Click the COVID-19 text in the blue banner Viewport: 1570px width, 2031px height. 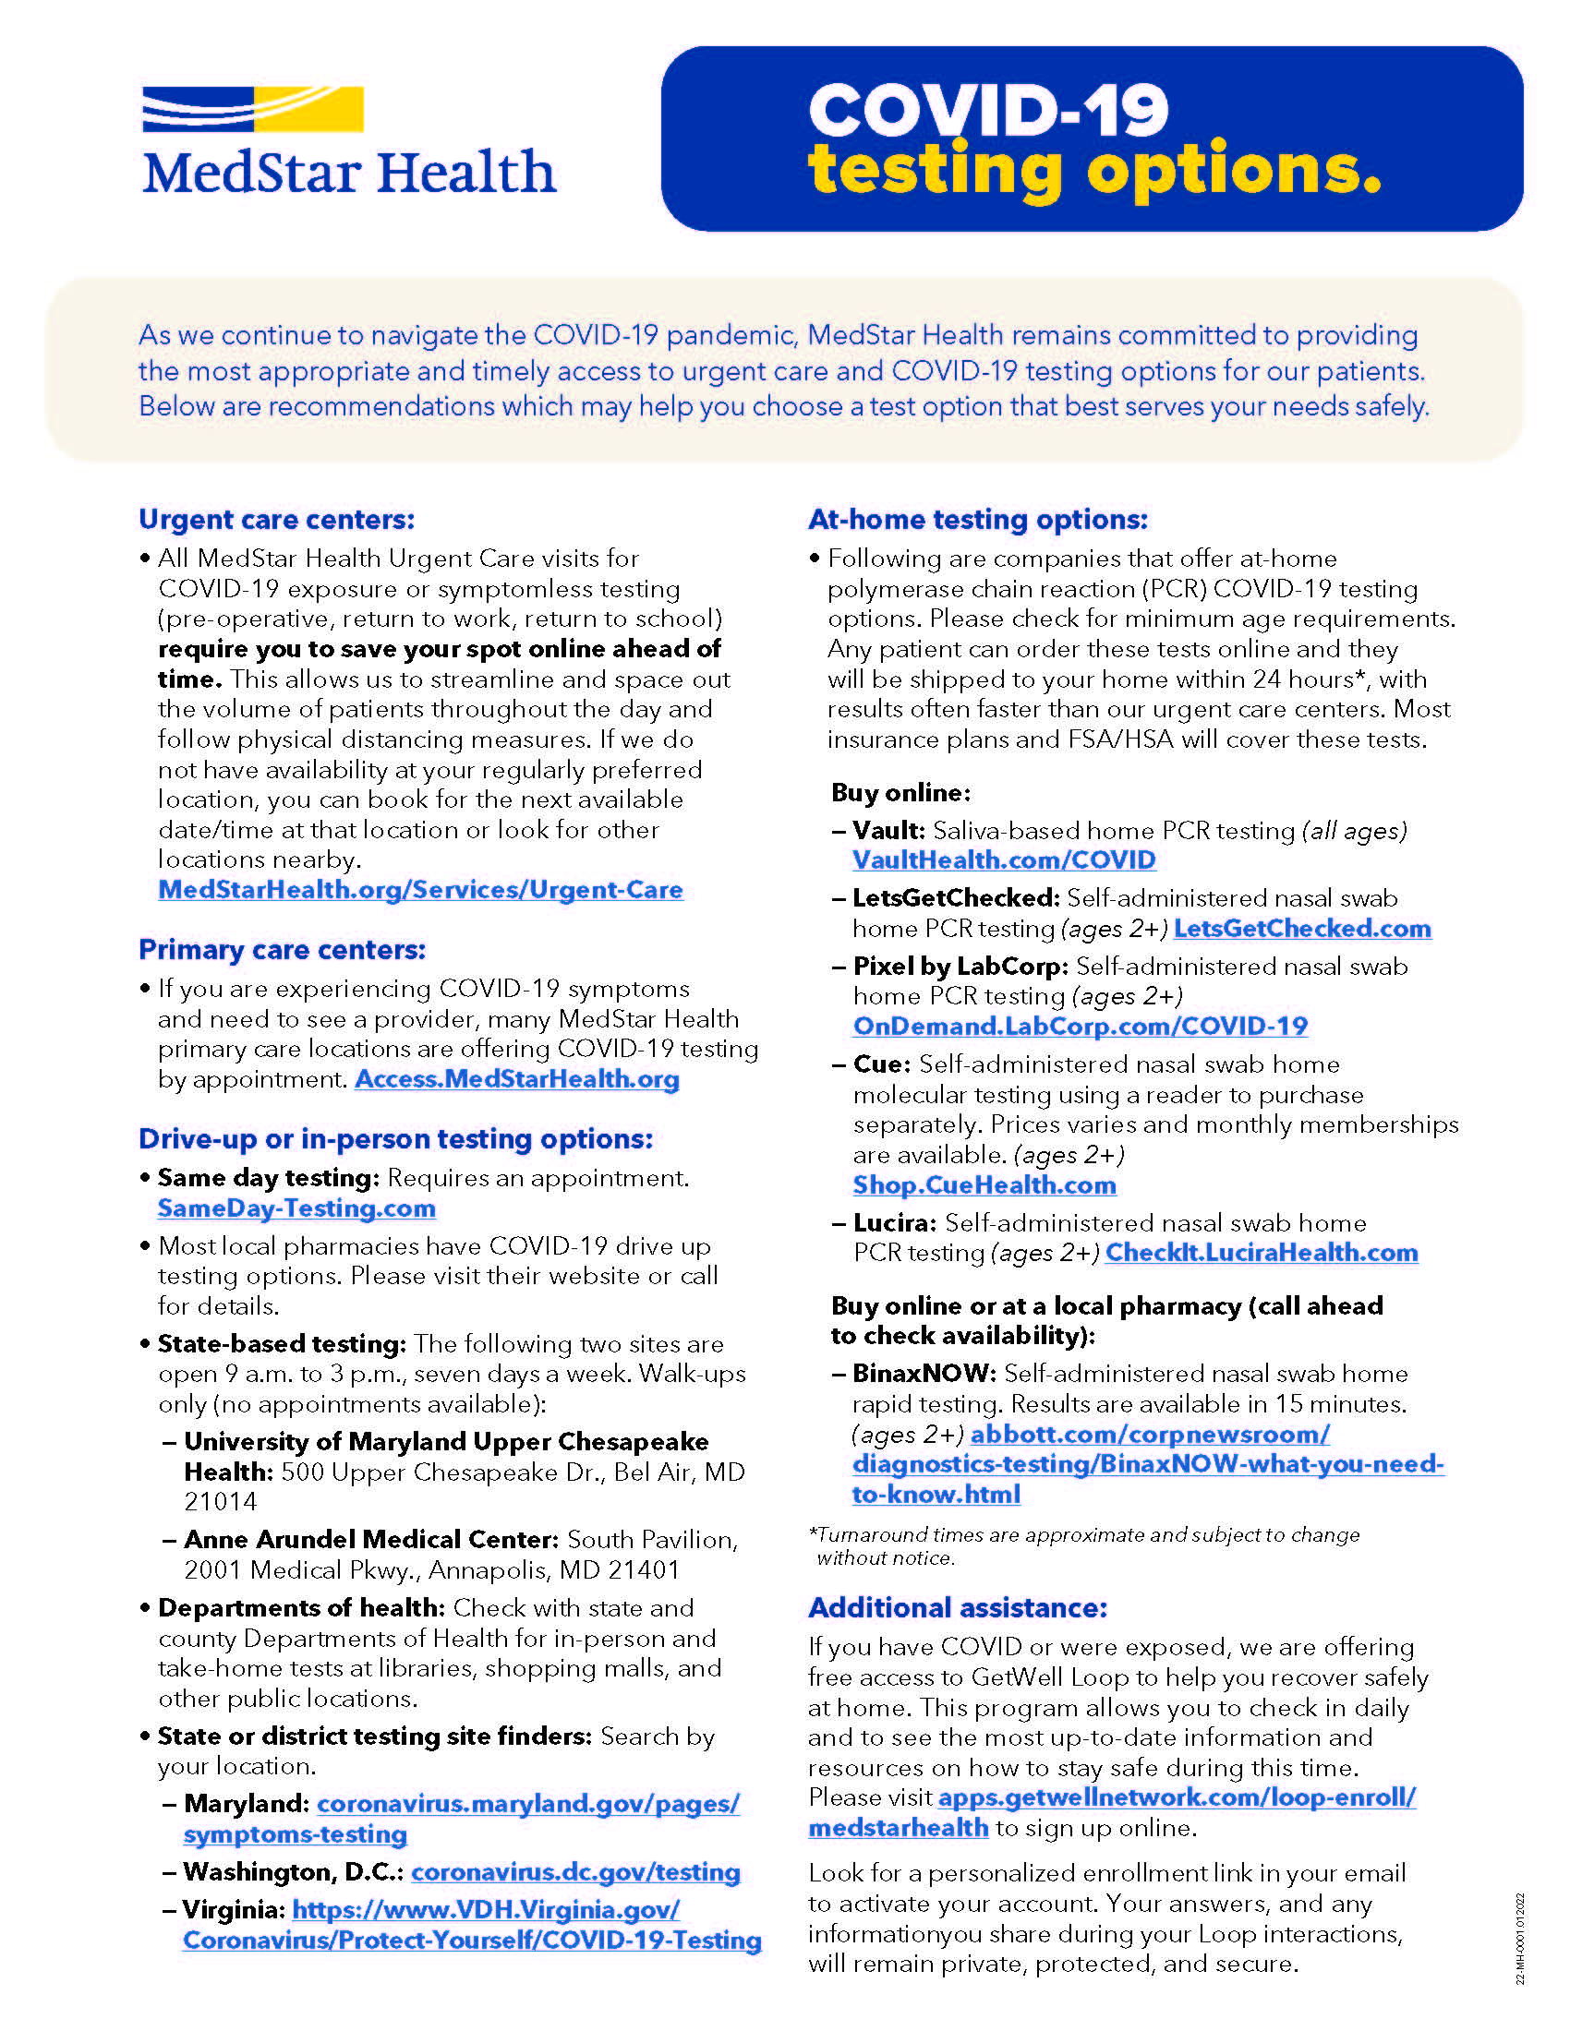[988, 111]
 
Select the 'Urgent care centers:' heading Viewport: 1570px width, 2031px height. [276, 519]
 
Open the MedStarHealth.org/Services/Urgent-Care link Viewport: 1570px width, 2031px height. [420, 890]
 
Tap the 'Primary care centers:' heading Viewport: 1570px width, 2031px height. [282, 949]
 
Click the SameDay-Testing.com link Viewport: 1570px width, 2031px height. [296, 1208]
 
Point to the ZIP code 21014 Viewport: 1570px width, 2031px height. [221, 1502]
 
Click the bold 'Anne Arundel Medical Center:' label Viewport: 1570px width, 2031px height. [371, 1540]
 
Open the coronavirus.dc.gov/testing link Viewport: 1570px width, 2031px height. [575, 1872]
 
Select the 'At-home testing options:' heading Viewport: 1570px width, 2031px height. [977, 519]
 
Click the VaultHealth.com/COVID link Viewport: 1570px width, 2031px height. [1004, 860]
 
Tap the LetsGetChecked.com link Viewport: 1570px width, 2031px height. [1302, 928]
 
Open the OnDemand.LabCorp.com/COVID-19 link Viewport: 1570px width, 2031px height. [1080, 1027]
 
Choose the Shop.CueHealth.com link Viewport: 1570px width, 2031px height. [984, 1185]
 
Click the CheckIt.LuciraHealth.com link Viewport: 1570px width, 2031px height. [1262, 1253]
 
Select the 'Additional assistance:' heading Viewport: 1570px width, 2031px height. [958, 1608]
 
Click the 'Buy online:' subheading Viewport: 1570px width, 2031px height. [900, 792]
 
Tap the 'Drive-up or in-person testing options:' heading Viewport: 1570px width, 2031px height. [395, 1139]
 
